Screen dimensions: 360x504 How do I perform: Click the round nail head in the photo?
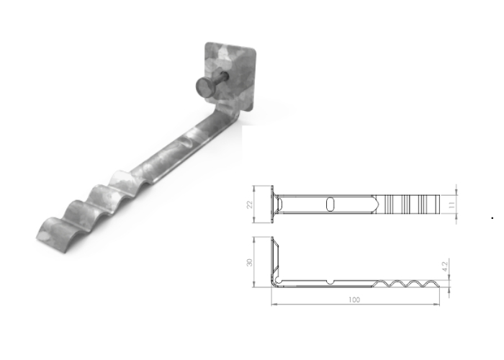click(204, 89)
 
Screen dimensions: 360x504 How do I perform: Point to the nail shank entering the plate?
click(220, 81)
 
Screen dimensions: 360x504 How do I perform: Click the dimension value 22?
click(250, 204)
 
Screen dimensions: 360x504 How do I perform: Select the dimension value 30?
click(250, 263)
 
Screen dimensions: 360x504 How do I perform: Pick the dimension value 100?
click(353, 300)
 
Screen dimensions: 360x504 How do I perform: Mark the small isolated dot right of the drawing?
click(491, 215)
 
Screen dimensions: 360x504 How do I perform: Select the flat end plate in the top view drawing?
click(273, 204)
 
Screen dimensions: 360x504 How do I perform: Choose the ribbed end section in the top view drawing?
click(413, 204)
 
